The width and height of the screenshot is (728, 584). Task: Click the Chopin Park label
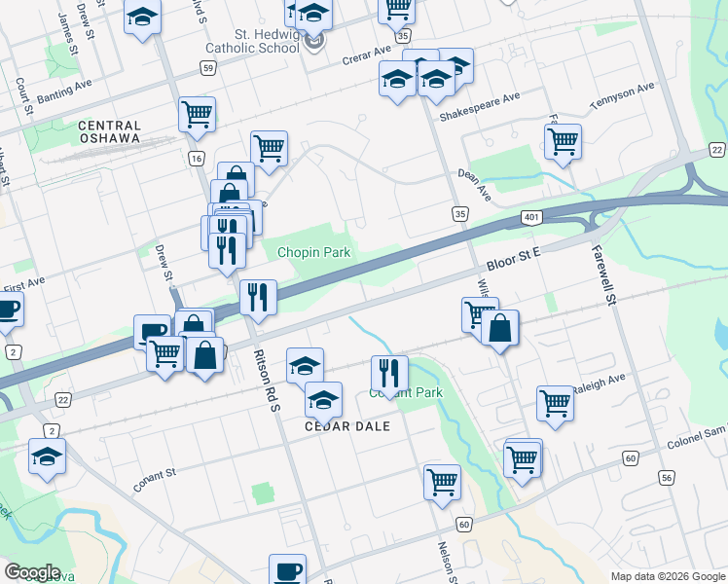coord(312,252)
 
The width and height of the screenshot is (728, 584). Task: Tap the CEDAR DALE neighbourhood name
coord(347,426)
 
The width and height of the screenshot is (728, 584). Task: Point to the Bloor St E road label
coord(513,260)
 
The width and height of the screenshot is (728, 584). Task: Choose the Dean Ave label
coord(476,180)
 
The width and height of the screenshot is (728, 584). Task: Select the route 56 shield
coord(667,477)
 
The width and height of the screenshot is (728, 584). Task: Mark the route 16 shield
coord(198,158)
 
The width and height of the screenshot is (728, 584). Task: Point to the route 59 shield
coord(208,67)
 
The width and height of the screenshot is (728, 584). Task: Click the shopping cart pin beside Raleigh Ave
coord(555,401)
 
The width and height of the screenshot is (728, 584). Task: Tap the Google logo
coord(33,572)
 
